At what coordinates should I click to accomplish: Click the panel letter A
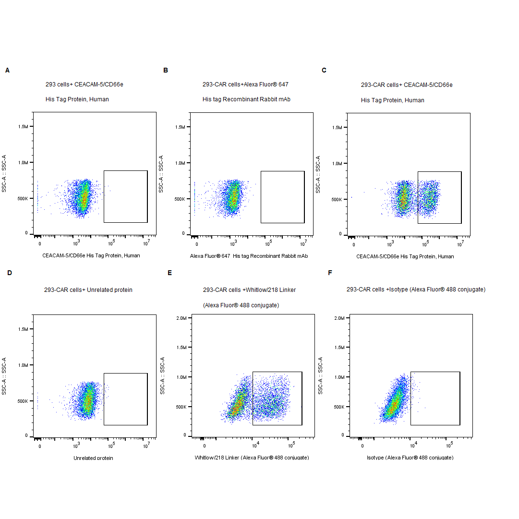tap(7, 71)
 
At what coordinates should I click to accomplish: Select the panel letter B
tap(166, 71)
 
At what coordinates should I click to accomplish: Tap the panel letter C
tap(324, 71)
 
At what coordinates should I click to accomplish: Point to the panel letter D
tap(10, 273)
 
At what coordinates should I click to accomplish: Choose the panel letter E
tap(169, 273)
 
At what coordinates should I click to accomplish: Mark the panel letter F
tap(330, 273)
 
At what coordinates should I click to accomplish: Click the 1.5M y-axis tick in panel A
tap(23, 127)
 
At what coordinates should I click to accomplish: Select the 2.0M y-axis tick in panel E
tap(181, 318)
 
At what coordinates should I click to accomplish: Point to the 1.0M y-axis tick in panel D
tap(23, 365)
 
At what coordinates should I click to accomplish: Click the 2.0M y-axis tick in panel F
tap(339, 318)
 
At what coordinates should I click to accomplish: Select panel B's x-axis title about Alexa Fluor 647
tap(249, 256)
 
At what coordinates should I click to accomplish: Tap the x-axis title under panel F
tap(410, 458)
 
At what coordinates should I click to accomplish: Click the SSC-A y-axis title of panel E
tap(163, 375)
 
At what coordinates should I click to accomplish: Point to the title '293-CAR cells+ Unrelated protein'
tap(88, 290)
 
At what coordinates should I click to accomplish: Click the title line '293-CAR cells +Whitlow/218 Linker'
tap(249, 290)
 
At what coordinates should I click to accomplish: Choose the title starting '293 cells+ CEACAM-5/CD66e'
tap(84, 85)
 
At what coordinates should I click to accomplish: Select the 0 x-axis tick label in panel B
tap(197, 244)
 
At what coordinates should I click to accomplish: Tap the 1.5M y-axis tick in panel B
tap(181, 127)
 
